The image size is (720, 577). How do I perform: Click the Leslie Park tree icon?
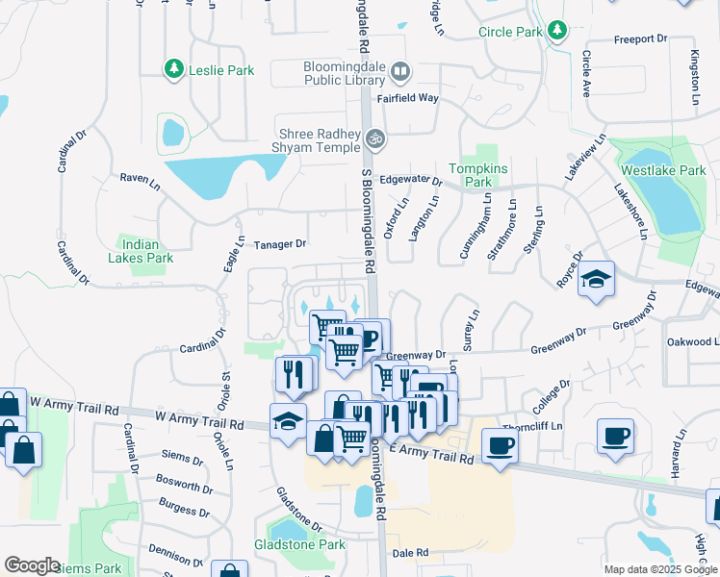pos(174,69)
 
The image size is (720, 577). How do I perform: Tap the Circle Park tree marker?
pos(557,32)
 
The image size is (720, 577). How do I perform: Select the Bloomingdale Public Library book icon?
pos(401,72)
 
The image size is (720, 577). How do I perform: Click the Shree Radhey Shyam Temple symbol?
pos(375,139)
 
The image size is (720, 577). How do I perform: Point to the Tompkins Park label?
pos(476,173)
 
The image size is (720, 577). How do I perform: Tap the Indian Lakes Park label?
pos(145,251)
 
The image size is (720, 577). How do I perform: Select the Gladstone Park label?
pos(299,544)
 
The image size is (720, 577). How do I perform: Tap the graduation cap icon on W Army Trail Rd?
pos(288,420)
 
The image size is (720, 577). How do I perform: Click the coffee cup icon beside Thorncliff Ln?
pos(500,446)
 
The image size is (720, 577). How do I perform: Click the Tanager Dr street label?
pos(280,244)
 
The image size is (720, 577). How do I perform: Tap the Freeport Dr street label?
pos(640,39)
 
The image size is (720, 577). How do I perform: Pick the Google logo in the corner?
pos(32,564)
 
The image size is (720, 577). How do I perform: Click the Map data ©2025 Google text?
pos(659,569)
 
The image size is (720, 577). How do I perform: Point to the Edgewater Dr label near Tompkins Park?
pos(410,181)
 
